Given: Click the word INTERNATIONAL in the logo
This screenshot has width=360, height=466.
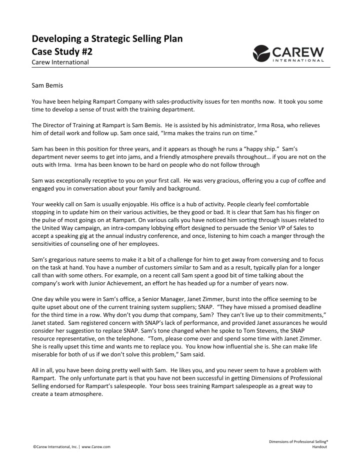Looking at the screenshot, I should coord(298,61).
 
